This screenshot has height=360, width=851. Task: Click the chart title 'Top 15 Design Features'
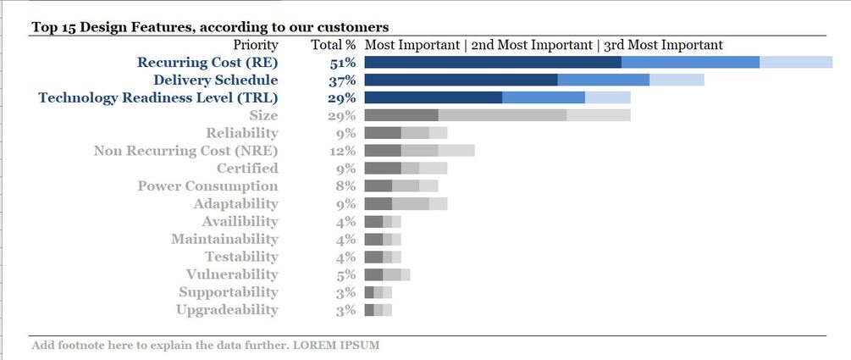pos(211,27)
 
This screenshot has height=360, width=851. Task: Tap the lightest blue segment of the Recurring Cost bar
pos(796,62)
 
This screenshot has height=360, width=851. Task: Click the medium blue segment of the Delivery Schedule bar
pos(603,80)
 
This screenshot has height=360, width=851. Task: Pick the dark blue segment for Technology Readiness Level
pos(433,97)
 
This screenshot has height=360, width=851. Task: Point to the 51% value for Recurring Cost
pos(342,62)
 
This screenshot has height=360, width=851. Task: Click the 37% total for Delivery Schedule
pos(342,80)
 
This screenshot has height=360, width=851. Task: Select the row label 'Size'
pos(263,115)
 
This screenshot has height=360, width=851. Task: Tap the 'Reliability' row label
pos(241,133)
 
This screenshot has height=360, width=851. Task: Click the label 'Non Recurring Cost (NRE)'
pos(185,151)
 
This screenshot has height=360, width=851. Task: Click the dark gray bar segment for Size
pos(401,115)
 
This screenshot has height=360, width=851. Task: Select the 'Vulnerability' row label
pos(231,274)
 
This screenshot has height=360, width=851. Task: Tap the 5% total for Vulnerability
pos(345,274)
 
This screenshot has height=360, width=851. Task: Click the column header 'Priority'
pos(255,44)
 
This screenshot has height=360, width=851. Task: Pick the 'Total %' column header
pos(333,44)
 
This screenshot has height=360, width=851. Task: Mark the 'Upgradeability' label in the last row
pos(227,310)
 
